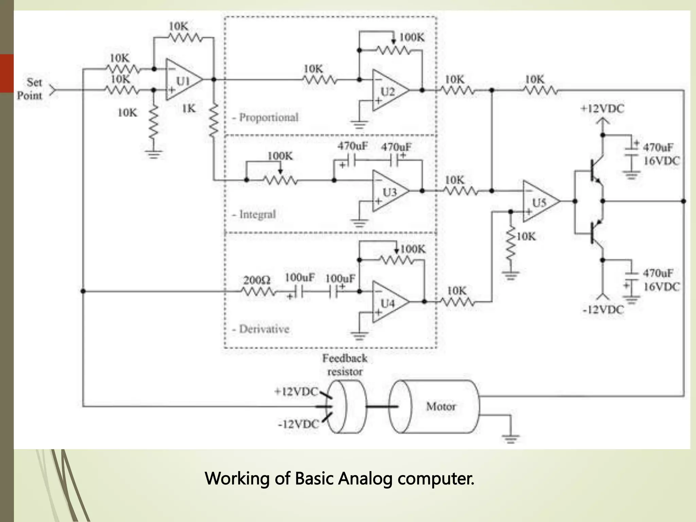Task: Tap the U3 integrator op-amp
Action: [x=389, y=191]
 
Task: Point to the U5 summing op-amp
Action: [x=540, y=202]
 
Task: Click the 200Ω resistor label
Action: [x=257, y=280]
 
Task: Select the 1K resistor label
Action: [x=189, y=108]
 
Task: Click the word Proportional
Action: [x=268, y=118]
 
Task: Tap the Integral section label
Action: [x=257, y=214]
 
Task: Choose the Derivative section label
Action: [x=264, y=329]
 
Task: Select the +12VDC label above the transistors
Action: [x=602, y=109]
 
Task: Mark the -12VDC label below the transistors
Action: [x=603, y=310]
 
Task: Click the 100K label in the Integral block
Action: [x=280, y=156]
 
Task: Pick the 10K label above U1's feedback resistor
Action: [x=178, y=26]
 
